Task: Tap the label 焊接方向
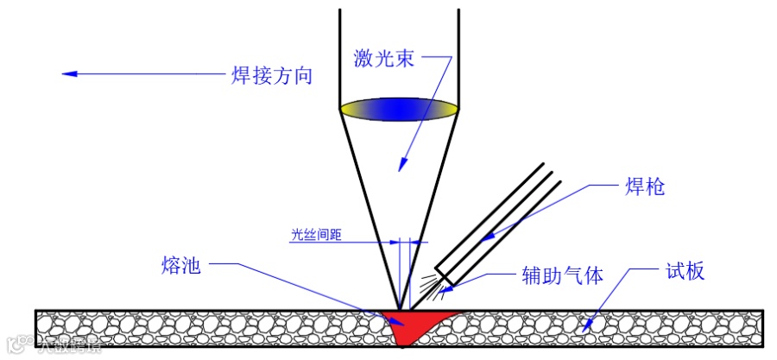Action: pos(270,74)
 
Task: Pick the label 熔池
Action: pos(180,264)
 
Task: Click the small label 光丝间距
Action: pos(313,234)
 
